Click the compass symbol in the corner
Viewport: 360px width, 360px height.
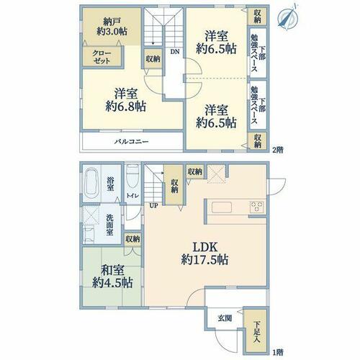tap(287, 17)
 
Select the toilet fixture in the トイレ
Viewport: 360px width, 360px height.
tap(132, 176)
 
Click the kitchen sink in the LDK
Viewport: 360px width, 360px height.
tap(222, 207)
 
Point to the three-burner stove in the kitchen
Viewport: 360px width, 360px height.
tap(257, 207)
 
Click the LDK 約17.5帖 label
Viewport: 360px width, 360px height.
tap(204, 253)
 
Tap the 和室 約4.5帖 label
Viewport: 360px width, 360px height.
tap(112, 276)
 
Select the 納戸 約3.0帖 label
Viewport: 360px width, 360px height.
tap(112, 27)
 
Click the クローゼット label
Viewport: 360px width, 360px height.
tap(102, 57)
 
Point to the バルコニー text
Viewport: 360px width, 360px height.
tap(131, 142)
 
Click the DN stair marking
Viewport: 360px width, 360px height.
tap(175, 51)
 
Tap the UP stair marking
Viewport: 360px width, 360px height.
tap(154, 206)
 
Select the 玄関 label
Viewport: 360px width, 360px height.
tap(225, 318)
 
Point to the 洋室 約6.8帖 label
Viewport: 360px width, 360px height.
tap(126, 100)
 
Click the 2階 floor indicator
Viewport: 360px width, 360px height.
tap(278, 150)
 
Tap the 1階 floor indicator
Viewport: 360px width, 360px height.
tap(278, 353)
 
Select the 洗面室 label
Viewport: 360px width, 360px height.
tap(109, 225)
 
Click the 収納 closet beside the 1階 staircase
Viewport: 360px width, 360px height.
tap(174, 185)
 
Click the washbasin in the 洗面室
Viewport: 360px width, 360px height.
tap(89, 235)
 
